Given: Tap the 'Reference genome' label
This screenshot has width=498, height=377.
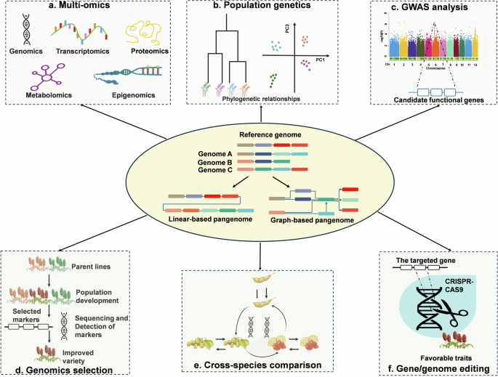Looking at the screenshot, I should [x=248, y=136].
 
